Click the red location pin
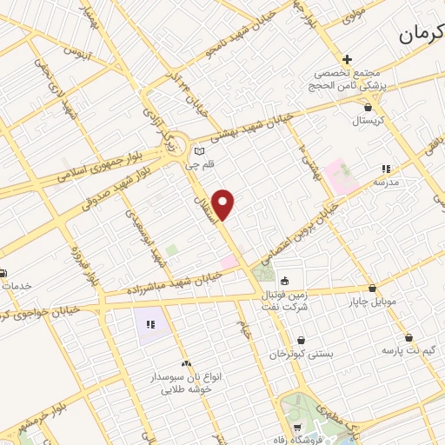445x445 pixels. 223,203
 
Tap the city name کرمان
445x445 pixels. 422,35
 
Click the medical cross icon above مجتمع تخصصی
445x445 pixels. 347,60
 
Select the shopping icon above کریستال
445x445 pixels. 369,108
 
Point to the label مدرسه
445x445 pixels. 385,183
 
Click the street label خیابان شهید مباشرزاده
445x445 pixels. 174,281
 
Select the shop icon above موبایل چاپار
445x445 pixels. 372,289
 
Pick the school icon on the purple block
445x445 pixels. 149,324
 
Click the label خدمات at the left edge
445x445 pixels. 16,287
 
